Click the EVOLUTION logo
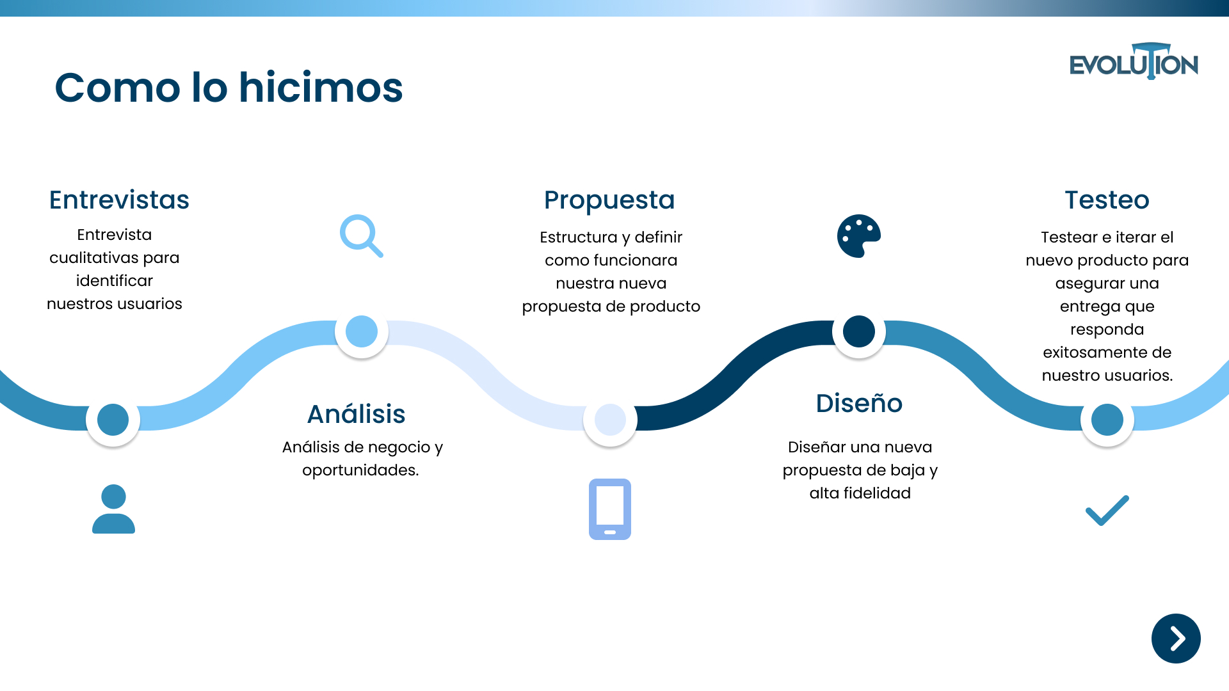pyautogui.click(x=1134, y=63)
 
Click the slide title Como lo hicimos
pyautogui.click(x=229, y=88)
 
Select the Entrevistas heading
pyautogui.click(x=119, y=200)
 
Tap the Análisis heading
pyautogui.click(x=356, y=414)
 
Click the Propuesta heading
pyautogui.click(x=609, y=200)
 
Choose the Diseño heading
pyautogui.click(x=859, y=403)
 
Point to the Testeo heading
pyautogui.click(x=1107, y=200)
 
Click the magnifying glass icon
pyautogui.click(x=361, y=235)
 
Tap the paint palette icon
pyautogui.click(x=859, y=236)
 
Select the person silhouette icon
pyautogui.click(x=113, y=509)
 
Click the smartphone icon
pyautogui.click(x=609, y=509)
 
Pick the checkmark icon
pyautogui.click(x=1107, y=511)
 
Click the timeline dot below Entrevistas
pyautogui.click(x=113, y=420)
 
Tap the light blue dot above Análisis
pyautogui.click(x=362, y=331)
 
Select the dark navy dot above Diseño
pyautogui.click(x=859, y=331)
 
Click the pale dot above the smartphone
pyautogui.click(x=610, y=420)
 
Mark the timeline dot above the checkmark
pyautogui.click(x=1107, y=420)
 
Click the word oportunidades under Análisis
pyautogui.click(x=360, y=470)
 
